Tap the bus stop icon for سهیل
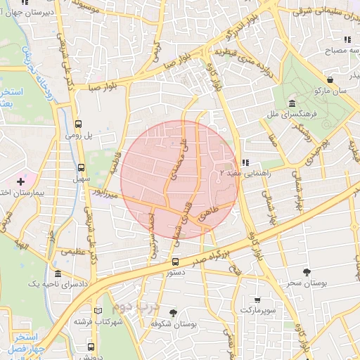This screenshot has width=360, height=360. [x=82, y=168]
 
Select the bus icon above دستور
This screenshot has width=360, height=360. [x=175, y=262]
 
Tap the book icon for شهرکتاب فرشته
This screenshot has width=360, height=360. [x=98, y=310]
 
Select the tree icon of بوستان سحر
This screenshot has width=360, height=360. [x=306, y=271]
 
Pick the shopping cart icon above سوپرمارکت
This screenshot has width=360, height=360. [x=257, y=300]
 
